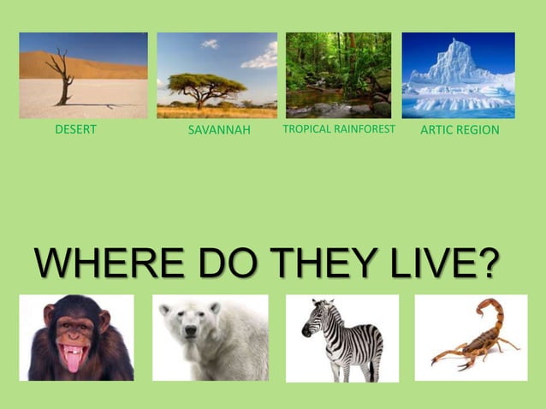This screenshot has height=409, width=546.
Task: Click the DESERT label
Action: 75,130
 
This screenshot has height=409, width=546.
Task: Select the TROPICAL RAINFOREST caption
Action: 338,130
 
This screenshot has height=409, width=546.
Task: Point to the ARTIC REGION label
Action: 460,130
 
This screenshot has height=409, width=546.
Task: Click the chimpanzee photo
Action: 76,337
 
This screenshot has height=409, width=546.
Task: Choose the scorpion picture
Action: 471,337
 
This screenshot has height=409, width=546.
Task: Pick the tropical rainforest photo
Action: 338,75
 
